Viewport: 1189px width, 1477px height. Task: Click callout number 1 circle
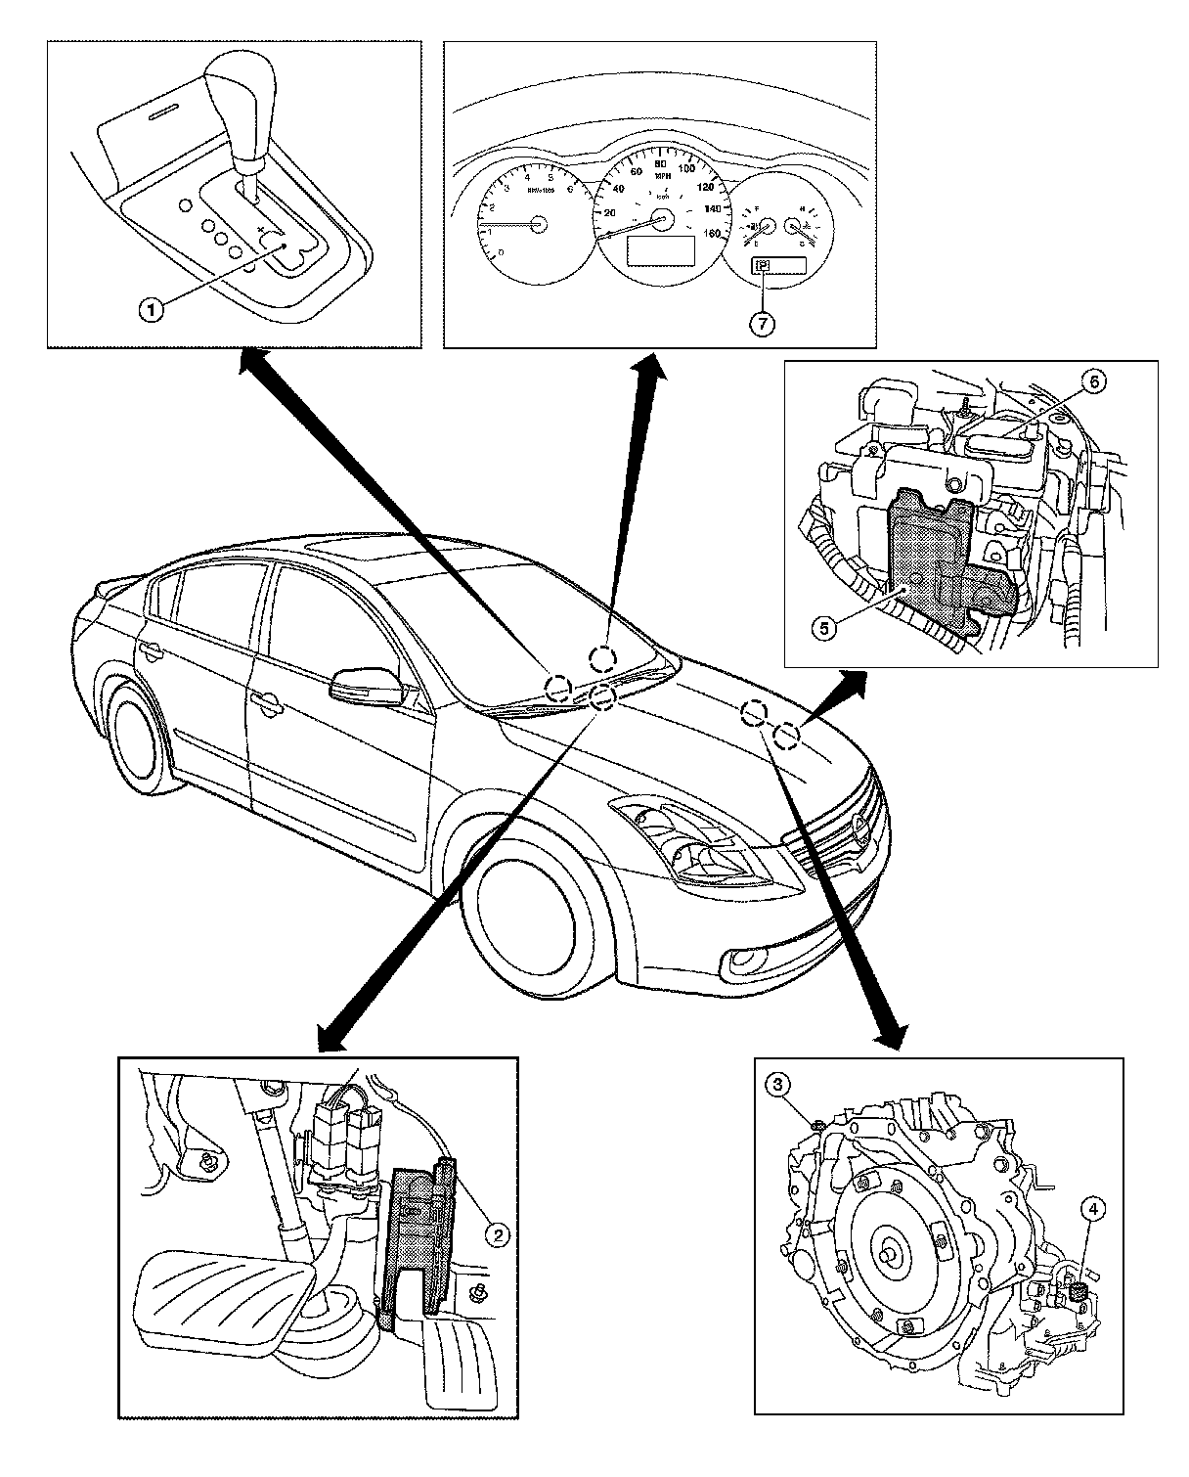[x=150, y=311]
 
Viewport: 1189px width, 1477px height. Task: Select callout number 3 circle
[x=778, y=1084]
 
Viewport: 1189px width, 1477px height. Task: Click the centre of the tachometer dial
[x=537, y=224]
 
